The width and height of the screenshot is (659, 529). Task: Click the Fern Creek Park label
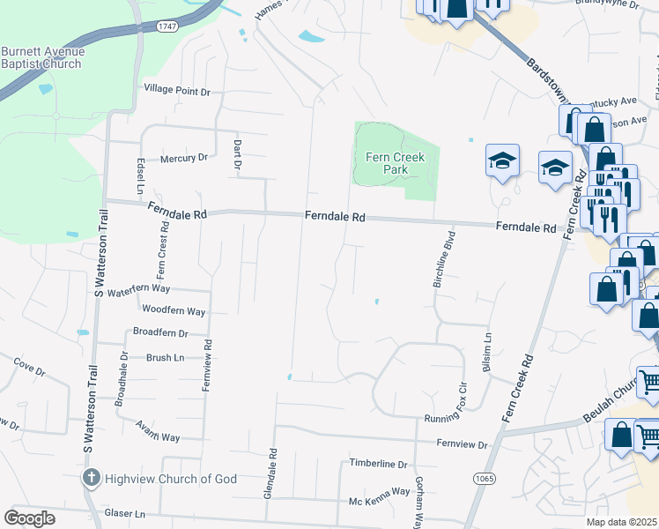coord(395,163)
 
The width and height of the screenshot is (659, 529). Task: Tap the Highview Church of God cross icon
coord(91,478)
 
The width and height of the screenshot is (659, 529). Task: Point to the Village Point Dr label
coord(177,90)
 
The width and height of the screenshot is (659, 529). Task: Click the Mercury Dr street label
coord(183,159)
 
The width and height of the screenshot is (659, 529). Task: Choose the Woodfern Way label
coord(174,311)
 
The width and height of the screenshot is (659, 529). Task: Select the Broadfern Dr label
coord(160,333)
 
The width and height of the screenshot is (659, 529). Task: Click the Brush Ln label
coord(165,357)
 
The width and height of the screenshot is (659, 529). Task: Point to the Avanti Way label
coord(158,437)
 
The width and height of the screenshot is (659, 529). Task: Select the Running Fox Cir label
coord(455,418)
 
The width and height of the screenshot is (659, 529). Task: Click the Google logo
coord(29,518)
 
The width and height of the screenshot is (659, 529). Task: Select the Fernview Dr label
coord(462,445)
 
